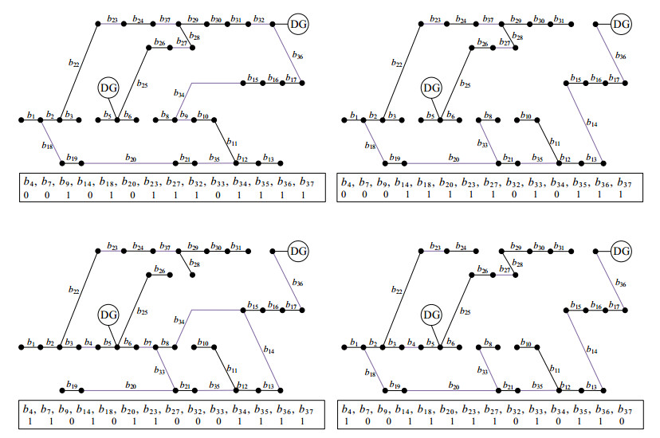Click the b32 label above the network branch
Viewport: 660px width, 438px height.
click(258, 18)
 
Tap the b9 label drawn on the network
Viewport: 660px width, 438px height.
click(183, 115)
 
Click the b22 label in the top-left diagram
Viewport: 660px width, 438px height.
click(74, 62)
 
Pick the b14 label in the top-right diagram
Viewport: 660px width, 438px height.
click(591, 123)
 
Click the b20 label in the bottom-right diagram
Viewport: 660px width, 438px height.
click(453, 384)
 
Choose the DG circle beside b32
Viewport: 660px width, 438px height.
click(298, 25)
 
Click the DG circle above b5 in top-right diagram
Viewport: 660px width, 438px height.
click(431, 87)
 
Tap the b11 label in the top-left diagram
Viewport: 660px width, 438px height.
click(232, 142)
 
